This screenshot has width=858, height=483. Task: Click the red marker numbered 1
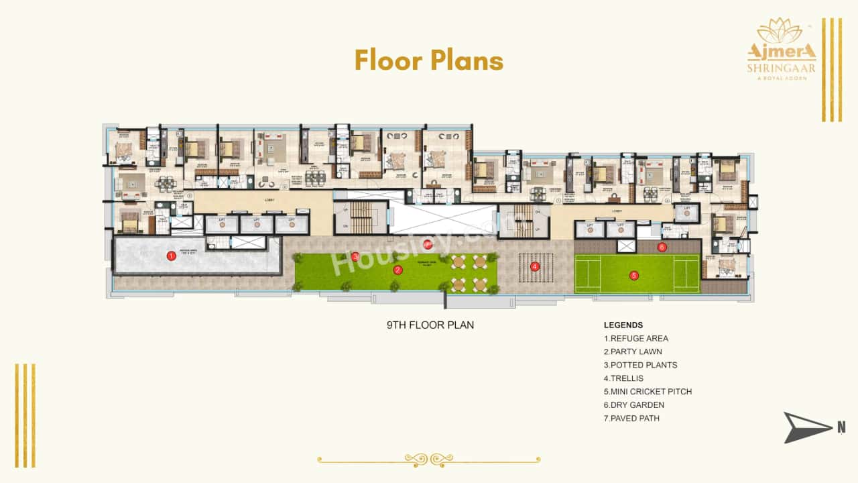pos(172,255)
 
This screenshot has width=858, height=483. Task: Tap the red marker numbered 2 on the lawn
pos(397,270)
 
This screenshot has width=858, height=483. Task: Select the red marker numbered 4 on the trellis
pos(534,266)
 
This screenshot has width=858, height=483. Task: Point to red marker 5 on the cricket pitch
pos(633,274)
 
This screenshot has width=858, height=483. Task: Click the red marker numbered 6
pos(662,247)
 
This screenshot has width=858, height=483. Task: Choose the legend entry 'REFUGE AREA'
pos(636,338)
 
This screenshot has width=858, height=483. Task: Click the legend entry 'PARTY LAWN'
pos(633,352)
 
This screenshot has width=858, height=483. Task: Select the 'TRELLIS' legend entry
pos(624,378)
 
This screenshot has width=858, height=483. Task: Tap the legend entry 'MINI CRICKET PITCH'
pos(648,392)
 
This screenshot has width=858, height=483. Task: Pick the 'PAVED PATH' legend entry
pos(631,419)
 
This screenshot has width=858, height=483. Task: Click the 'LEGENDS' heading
pos(623,325)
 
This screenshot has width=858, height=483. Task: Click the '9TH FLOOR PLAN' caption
pos(430,325)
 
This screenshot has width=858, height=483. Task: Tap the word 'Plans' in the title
pos(467,60)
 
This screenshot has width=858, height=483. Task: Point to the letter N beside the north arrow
pos(841,427)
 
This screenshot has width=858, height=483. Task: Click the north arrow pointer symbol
pos(806,427)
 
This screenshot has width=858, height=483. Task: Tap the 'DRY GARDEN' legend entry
pos(634,405)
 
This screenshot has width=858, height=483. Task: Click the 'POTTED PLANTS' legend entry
pos(640,365)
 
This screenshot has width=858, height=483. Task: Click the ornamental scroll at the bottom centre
pos(429,460)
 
